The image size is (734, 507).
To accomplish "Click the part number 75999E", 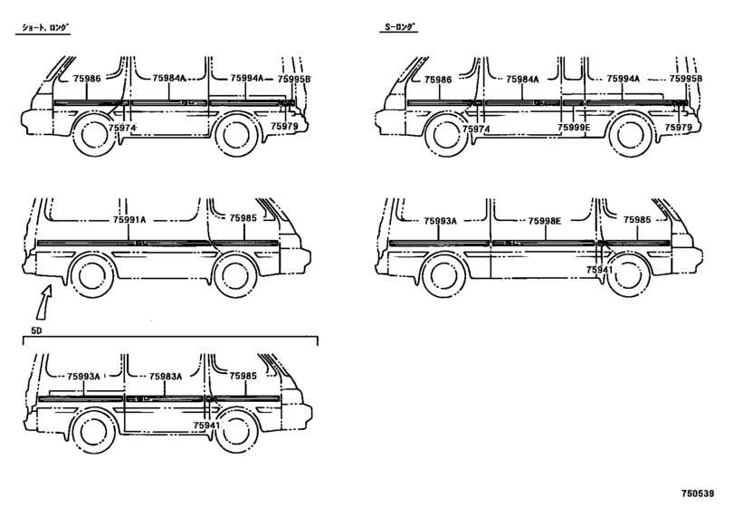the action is (574, 128).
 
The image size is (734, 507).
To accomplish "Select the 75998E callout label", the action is (545, 221).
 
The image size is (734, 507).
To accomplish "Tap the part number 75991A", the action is (129, 219).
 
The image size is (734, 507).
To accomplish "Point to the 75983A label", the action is (166, 376).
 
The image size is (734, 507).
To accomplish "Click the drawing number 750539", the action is (698, 493).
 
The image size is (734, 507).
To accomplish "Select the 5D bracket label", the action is (36, 330).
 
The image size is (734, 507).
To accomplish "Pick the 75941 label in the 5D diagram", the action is (206, 426).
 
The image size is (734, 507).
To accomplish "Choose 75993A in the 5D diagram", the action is (83, 376).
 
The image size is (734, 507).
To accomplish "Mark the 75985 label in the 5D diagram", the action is (243, 376).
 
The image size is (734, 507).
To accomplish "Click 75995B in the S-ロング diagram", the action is (686, 79).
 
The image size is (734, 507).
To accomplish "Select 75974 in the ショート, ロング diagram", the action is (121, 128).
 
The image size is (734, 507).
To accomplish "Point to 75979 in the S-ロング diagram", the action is (678, 127).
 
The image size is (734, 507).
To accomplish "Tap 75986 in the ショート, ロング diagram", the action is (87, 78).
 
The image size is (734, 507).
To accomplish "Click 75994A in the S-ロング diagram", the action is (623, 79).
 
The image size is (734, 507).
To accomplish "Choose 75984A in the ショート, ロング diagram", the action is (169, 78).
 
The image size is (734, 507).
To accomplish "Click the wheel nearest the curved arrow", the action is (91, 275).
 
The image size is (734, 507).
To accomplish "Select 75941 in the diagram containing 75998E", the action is (599, 270).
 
